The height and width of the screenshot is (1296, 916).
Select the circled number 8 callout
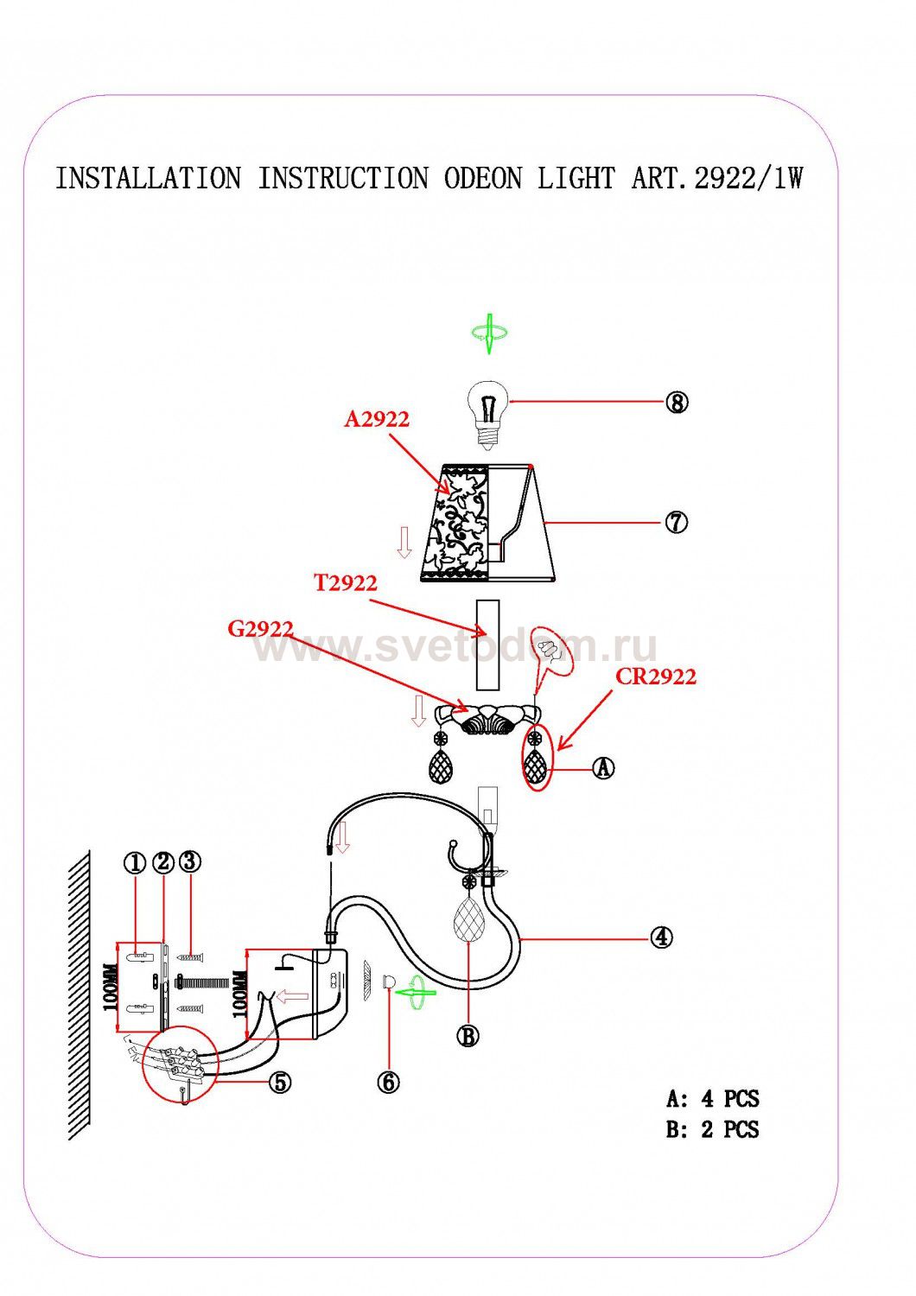point(677,402)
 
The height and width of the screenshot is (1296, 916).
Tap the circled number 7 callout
point(677,523)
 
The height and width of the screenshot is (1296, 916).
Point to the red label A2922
point(377,419)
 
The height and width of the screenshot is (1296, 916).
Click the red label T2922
point(346,582)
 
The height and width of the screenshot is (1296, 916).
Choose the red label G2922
point(260,628)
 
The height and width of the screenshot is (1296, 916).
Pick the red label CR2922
point(656,677)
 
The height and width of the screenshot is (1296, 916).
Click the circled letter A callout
point(603,768)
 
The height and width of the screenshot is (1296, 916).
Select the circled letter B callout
point(468,1036)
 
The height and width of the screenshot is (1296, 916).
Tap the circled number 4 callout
point(661,937)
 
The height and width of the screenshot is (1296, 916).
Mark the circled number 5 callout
point(280,1082)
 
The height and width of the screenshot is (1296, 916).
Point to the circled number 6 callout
point(388,1082)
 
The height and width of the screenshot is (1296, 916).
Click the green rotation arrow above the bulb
point(489,334)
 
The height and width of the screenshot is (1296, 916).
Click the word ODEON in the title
point(484,178)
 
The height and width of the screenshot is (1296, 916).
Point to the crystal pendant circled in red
point(535,758)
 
